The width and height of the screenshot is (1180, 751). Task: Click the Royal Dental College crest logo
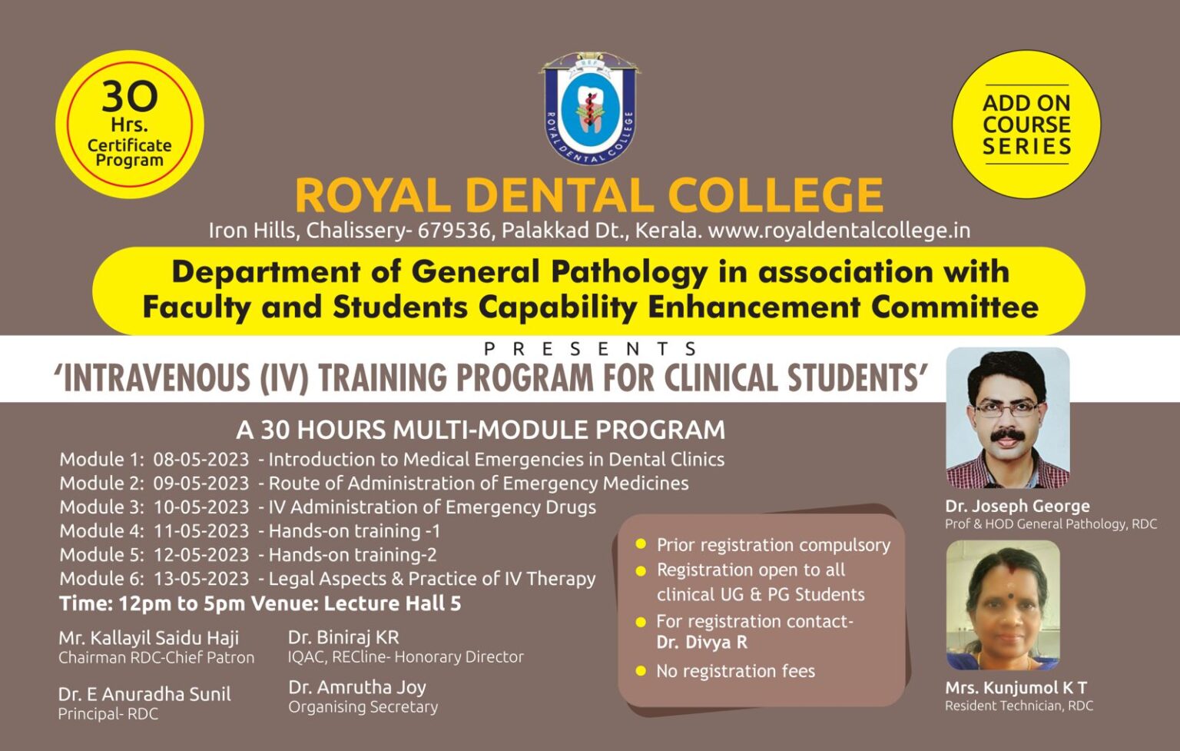tap(589, 108)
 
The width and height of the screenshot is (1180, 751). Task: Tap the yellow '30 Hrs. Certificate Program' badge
tap(129, 125)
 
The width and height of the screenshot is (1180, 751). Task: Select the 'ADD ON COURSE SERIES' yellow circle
tap(1026, 125)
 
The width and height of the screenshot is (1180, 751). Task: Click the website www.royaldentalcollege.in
tap(839, 230)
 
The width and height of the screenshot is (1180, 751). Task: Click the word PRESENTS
tap(590, 349)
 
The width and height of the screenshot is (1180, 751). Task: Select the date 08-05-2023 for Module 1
tap(201, 460)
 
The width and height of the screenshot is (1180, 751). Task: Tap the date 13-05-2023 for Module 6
tap(201, 579)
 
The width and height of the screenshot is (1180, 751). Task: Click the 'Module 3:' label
tap(101, 507)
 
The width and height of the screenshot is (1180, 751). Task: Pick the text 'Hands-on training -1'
tap(354, 531)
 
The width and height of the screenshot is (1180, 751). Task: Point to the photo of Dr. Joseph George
tap(1007, 417)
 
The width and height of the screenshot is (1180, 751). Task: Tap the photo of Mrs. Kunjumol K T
tap(1003, 605)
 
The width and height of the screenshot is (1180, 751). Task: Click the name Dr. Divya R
tap(701, 643)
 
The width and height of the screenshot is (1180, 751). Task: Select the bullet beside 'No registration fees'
tap(641, 671)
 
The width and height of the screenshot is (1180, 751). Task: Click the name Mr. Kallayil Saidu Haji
tap(149, 638)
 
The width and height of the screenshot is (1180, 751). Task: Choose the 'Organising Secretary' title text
tap(363, 707)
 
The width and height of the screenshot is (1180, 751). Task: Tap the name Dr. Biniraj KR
tap(343, 637)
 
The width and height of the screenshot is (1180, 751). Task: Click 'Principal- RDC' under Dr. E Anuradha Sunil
tap(108, 714)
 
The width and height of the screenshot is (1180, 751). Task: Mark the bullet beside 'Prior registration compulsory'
tap(641, 545)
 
